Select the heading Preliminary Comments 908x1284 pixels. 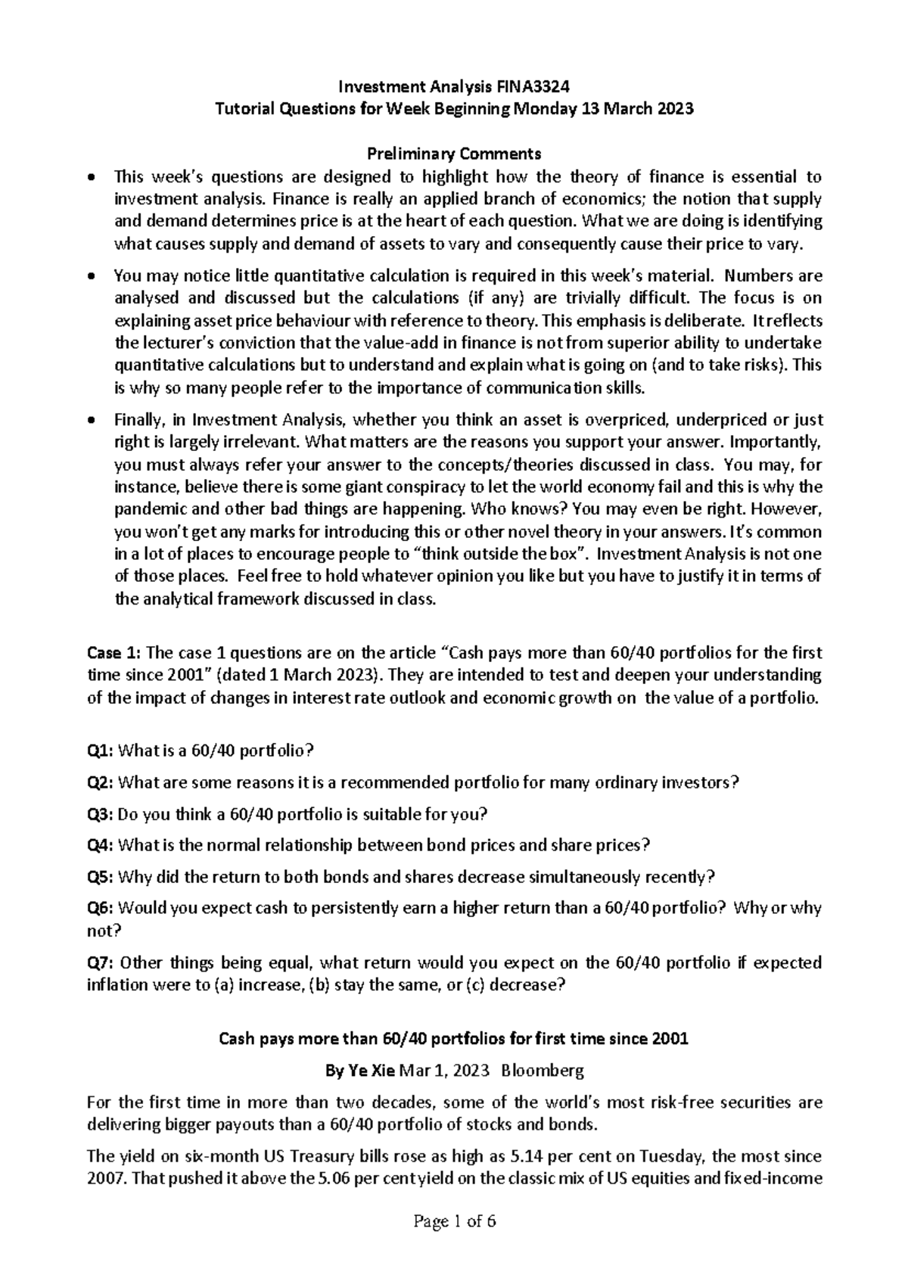(x=454, y=154)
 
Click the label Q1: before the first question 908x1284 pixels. (x=100, y=751)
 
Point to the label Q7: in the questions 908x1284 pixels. (x=101, y=963)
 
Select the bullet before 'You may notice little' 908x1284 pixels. (x=92, y=277)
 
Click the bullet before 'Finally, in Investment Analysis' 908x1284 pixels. (x=92, y=421)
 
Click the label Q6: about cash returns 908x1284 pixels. (x=100, y=908)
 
